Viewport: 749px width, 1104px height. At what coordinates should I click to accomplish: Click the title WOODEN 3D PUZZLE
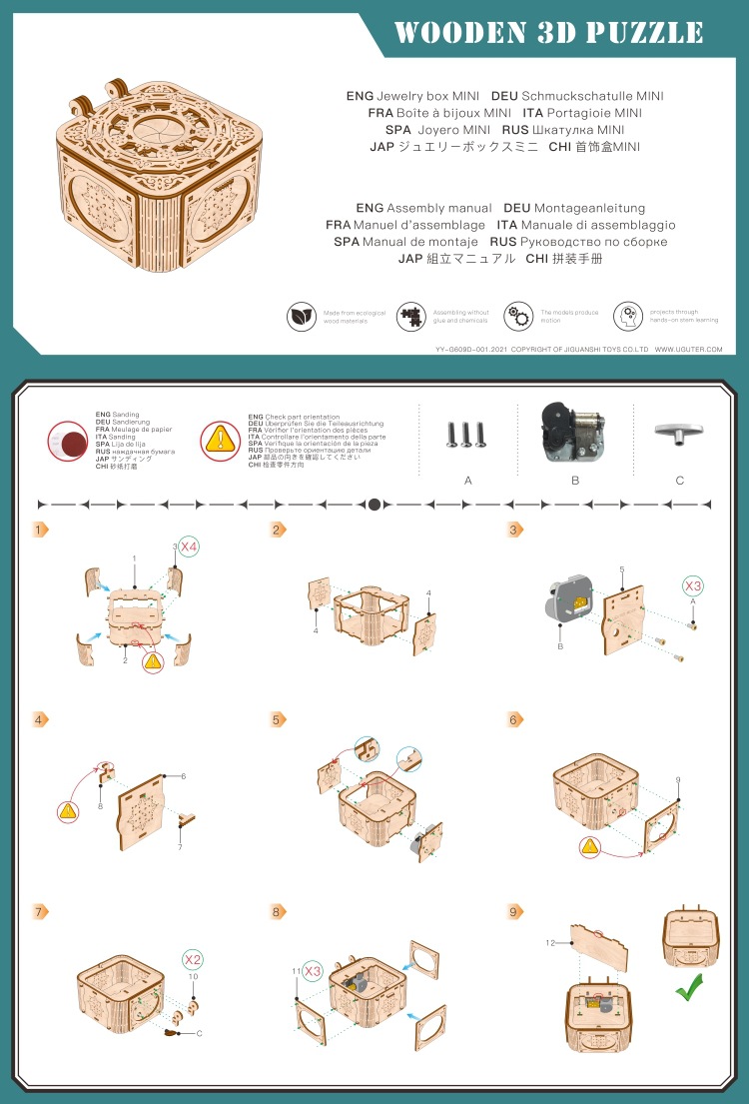click(x=549, y=32)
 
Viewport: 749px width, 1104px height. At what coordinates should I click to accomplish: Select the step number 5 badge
click(x=278, y=719)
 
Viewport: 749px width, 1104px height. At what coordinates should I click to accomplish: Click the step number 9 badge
click(x=515, y=911)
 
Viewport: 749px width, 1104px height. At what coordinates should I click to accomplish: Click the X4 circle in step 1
click(x=189, y=547)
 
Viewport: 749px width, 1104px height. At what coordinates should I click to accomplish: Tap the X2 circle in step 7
click(x=193, y=959)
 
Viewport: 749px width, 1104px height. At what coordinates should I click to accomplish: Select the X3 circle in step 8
click(x=313, y=970)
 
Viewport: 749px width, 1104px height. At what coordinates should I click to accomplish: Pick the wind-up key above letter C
click(x=679, y=431)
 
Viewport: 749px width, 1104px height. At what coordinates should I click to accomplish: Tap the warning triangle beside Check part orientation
click(x=219, y=440)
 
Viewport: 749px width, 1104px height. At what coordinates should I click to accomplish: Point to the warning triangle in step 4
click(x=68, y=812)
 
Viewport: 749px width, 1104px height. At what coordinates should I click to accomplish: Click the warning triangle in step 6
click(x=590, y=846)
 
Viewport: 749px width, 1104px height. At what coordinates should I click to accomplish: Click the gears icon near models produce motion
click(x=517, y=317)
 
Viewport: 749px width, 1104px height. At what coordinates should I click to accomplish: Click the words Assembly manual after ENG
click(x=439, y=208)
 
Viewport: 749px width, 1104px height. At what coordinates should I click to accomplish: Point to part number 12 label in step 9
click(x=549, y=942)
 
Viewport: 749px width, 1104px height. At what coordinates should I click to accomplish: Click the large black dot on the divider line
click(x=374, y=505)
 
